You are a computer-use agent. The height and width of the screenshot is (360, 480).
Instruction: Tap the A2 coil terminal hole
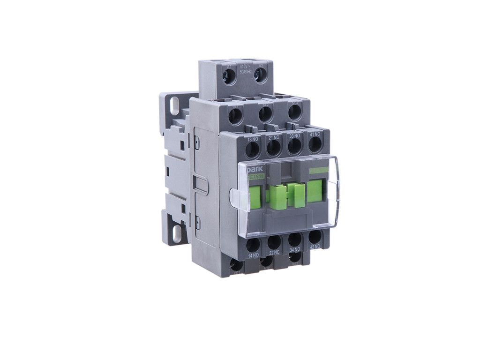tap(259, 75)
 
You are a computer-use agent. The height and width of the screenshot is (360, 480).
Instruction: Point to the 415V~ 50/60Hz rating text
tap(245, 69)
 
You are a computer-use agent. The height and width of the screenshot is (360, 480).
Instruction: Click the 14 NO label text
tap(253, 256)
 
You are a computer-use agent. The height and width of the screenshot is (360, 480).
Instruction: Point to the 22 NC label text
tap(274, 253)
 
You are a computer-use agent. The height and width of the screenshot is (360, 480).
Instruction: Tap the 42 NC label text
tap(315, 246)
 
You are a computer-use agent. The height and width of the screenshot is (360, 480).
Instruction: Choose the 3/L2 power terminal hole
tap(265, 113)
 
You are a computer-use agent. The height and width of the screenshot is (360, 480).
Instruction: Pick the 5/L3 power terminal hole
tap(294, 111)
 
